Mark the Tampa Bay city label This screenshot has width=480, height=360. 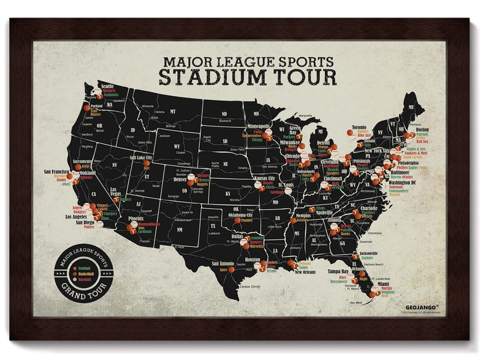click(338, 271)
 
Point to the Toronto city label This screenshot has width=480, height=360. click(359, 128)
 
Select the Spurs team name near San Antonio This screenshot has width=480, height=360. click(222, 270)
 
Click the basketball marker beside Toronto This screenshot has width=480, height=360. click(351, 133)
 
